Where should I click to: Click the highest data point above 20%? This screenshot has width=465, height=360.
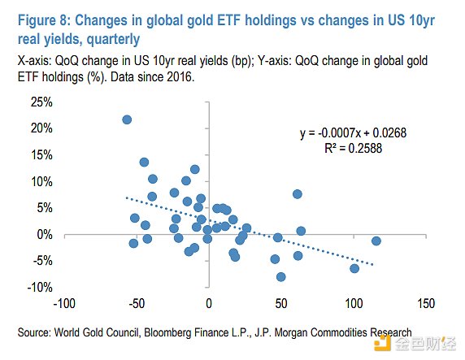pos(127,119)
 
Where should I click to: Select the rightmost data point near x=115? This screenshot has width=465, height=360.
pos(376,241)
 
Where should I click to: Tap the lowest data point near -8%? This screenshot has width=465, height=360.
pos(280,277)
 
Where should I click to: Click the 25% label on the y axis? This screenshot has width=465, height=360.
pos(41,102)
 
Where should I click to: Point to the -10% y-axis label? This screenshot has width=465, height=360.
pos(40,287)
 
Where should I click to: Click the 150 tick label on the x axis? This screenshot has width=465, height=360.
pos(426,304)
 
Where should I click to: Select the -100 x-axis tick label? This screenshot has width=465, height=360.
pos(64,304)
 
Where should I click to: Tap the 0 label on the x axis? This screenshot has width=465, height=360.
pos(209,304)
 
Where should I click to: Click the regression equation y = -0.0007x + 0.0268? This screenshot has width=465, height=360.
pos(353,132)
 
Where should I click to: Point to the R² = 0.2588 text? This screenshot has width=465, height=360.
pos(353,148)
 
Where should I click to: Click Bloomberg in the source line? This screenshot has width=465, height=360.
pos(167,332)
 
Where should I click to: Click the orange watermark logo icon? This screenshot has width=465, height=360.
pos(382,343)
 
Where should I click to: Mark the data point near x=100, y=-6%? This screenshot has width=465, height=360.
pos(354,269)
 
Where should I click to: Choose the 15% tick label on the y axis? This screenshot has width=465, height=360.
pos(41,154)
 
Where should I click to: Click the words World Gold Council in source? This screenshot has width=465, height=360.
pos(97,332)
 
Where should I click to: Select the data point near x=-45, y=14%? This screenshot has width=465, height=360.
pos(144,163)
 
